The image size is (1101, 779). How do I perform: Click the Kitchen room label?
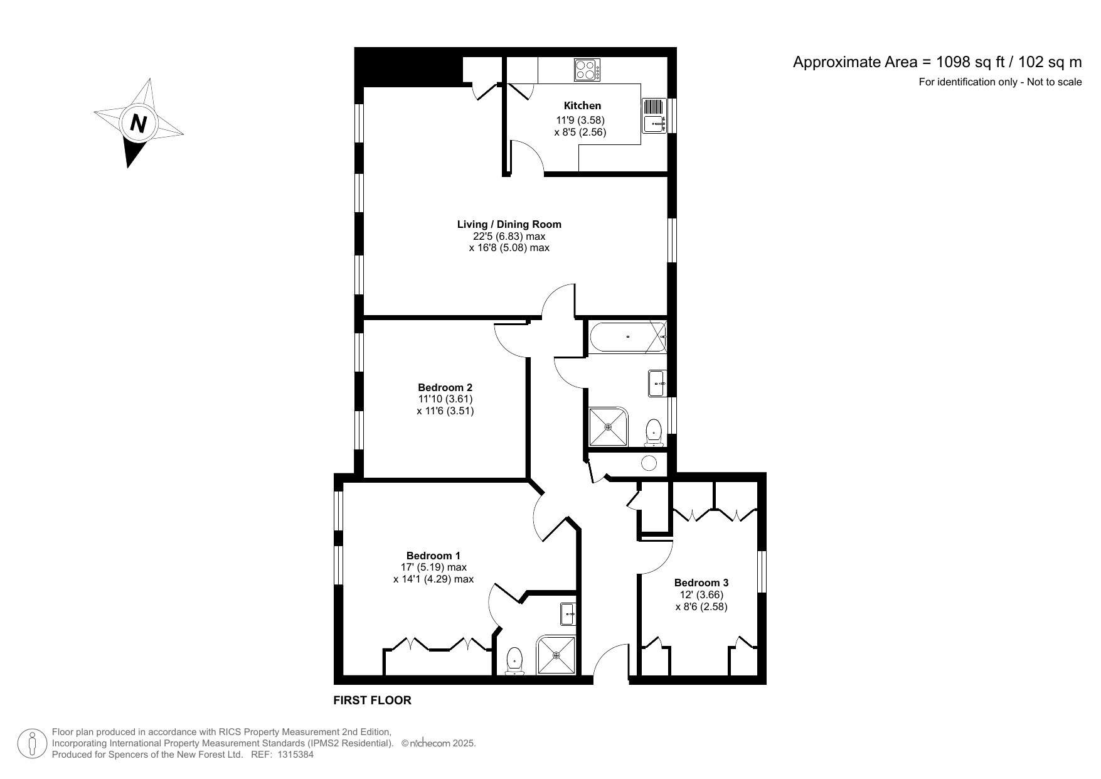[x=582, y=105]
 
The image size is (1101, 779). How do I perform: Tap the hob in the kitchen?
[x=587, y=69]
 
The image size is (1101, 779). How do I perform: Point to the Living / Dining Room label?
[x=509, y=224]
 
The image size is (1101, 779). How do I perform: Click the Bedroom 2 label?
[x=445, y=387]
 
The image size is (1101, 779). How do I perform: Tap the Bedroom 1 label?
[x=433, y=556]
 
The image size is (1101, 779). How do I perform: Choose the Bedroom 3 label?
[x=701, y=583]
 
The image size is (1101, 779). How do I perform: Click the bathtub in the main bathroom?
[x=627, y=337]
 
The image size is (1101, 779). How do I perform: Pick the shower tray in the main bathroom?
[x=608, y=427]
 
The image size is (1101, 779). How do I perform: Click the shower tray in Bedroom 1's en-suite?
[x=556, y=656]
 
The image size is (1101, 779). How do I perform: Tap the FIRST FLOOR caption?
[x=372, y=700]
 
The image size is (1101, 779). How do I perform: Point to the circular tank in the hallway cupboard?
[x=649, y=463]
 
